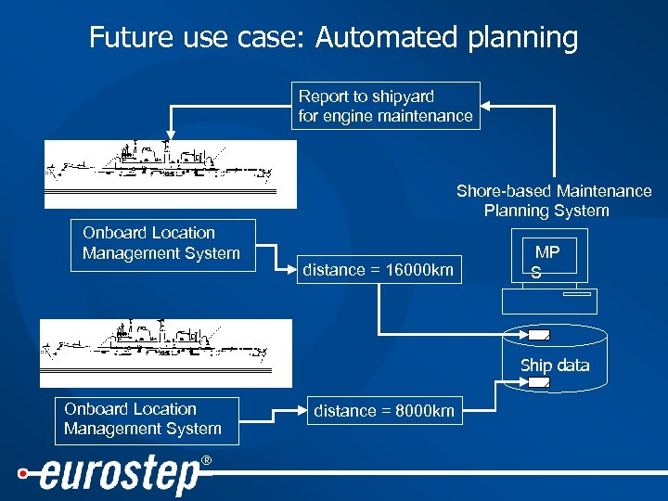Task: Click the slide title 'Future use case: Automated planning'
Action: point(333,38)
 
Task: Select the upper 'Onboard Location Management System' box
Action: point(161,244)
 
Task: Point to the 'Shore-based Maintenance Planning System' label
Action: point(553,201)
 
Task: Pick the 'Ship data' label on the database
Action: point(554,366)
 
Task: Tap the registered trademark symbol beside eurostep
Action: point(206,461)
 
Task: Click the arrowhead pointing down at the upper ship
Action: point(170,135)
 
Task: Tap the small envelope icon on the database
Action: point(538,334)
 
